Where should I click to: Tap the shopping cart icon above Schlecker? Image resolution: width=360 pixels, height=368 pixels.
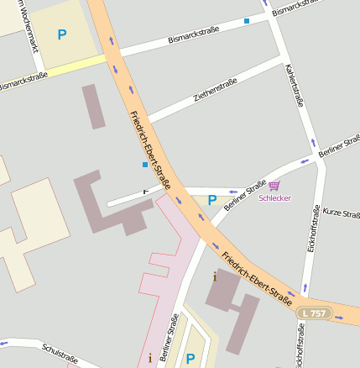click(274, 186)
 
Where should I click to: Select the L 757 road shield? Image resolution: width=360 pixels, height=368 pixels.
click(313, 313)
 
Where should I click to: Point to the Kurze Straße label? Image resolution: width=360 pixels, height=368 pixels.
click(341, 214)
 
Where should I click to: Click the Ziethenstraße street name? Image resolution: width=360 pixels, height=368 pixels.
click(216, 90)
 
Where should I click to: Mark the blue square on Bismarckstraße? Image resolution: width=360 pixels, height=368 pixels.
click(247, 20)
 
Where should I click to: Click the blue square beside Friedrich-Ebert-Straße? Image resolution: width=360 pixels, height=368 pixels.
click(144, 165)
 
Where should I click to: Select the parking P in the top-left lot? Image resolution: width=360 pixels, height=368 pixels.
click(61, 34)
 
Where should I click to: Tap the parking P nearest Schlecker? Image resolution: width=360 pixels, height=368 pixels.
click(211, 200)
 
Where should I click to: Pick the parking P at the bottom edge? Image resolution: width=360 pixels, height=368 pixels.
click(189, 359)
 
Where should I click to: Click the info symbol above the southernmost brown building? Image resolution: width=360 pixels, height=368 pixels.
click(215, 276)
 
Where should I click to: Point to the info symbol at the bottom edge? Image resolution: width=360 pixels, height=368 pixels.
click(149, 357)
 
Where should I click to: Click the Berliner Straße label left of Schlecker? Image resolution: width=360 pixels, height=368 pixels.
click(246, 194)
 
